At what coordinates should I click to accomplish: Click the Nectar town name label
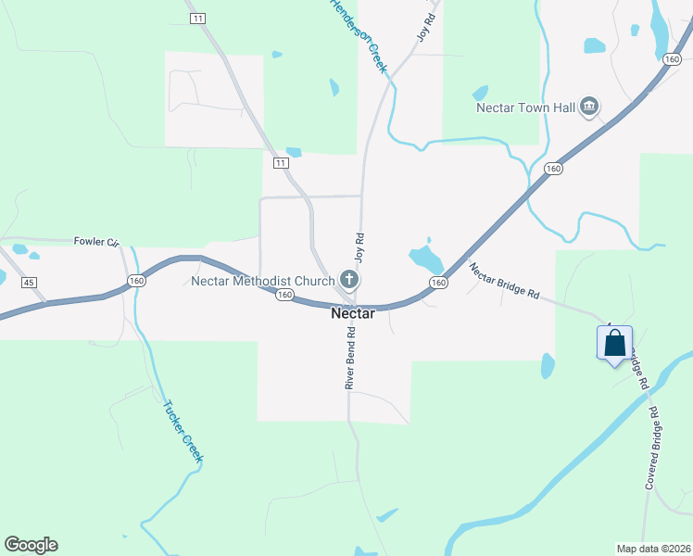pyautogui.click(x=353, y=314)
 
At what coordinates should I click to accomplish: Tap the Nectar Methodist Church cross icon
pyautogui.click(x=349, y=280)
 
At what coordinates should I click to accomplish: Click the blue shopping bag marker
pyautogui.click(x=614, y=344)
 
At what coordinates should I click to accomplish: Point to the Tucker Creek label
pyautogui.click(x=182, y=431)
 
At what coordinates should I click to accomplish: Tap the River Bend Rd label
pyautogui.click(x=351, y=360)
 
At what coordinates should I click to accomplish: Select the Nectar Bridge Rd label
pyautogui.click(x=504, y=282)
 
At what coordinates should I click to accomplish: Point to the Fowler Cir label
pyautogui.click(x=97, y=242)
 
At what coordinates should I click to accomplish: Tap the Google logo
pyautogui.click(x=31, y=545)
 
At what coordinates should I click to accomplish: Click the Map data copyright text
pyautogui.click(x=653, y=549)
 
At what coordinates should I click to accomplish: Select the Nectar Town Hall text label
pyautogui.click(x=525, y=107)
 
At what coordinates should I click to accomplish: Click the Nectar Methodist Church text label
pyautogui.click(x=263, y=281)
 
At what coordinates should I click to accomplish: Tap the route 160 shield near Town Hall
pyautogui.click(x=553, y=169)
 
